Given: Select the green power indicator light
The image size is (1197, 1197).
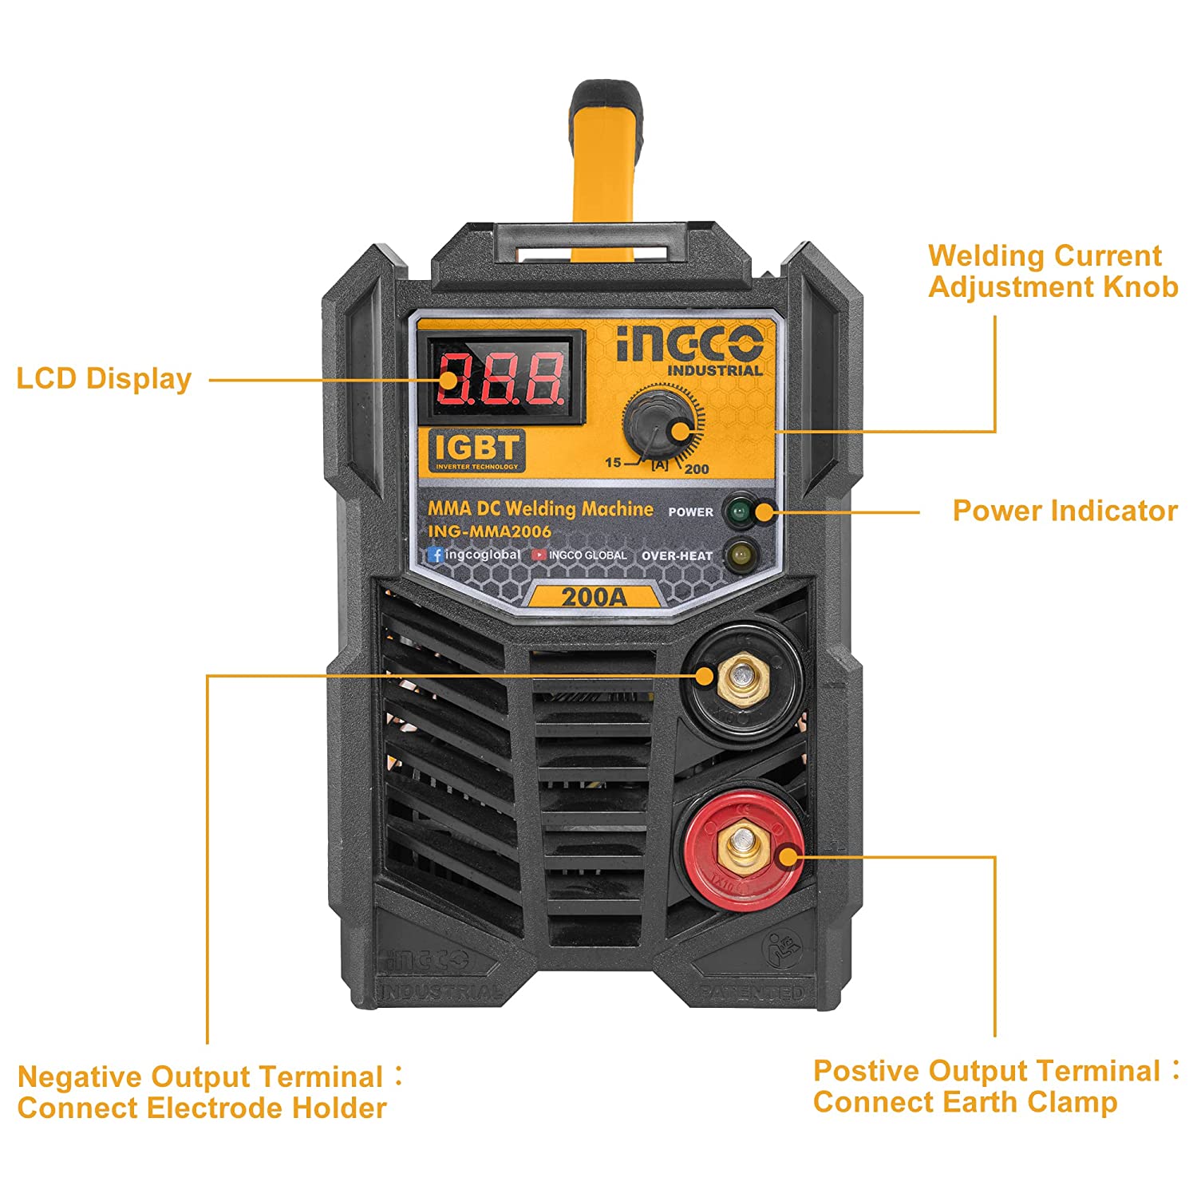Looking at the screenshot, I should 739,511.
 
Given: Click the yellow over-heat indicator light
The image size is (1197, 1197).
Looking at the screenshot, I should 741,554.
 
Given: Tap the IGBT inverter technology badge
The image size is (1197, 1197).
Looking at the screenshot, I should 477,451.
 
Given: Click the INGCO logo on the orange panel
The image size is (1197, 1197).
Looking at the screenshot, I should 689,344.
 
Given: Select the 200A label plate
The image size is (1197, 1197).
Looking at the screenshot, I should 595,596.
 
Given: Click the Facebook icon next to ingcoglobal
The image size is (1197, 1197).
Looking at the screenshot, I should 435,554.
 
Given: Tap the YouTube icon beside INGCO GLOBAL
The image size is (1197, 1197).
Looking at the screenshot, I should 539,555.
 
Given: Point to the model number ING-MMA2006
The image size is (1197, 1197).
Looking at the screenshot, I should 489,531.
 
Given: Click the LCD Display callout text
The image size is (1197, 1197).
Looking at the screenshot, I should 104,378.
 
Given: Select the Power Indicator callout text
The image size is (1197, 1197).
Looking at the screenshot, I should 1065,511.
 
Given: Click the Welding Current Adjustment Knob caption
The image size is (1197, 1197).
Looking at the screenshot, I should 1052,271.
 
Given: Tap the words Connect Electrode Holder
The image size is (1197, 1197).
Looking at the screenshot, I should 202,1108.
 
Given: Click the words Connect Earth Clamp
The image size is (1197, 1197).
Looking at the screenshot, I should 965,1103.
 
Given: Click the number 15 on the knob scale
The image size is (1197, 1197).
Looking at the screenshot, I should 613,462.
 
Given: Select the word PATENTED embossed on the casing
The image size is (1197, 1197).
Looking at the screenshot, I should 751,993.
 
